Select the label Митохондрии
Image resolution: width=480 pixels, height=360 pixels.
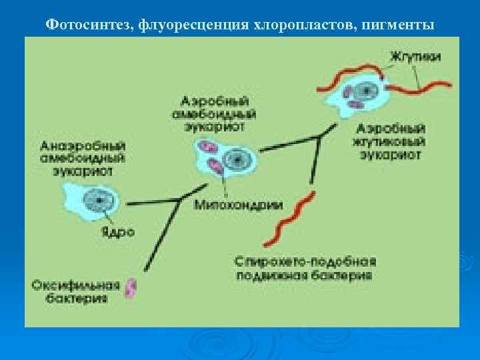(238, 205)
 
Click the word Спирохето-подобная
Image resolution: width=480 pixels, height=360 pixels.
(306, 260)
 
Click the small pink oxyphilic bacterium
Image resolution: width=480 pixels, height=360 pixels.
(132, 287)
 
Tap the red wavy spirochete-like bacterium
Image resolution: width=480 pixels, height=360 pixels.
(291, 217)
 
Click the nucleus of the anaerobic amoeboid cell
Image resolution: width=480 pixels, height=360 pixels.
(99, 199)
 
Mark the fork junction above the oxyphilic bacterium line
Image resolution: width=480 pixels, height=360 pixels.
(177, 199)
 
